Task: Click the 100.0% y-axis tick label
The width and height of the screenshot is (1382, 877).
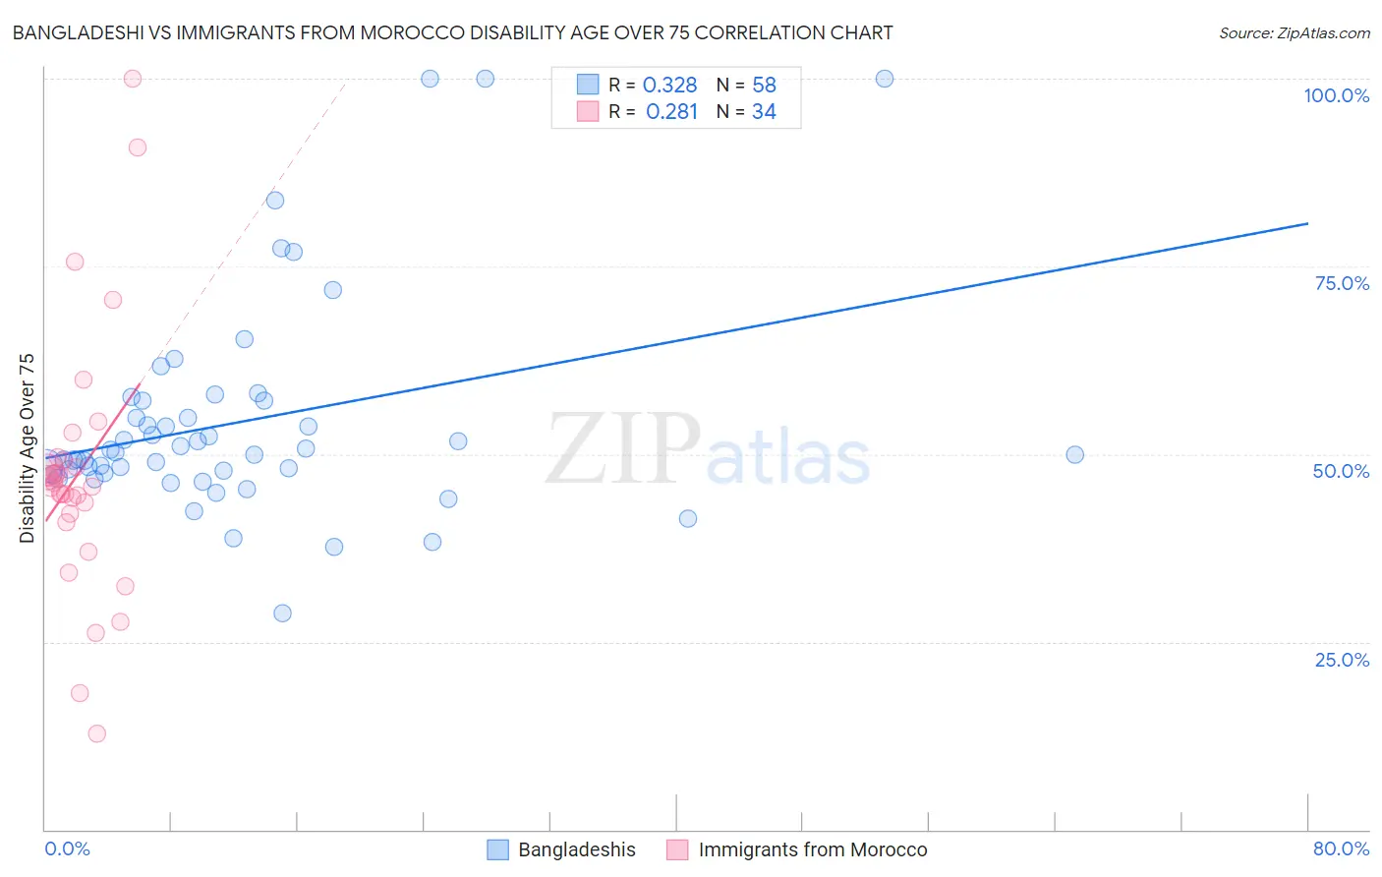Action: [x=1336, y=95]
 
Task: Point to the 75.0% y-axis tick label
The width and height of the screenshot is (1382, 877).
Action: [x=1342, y=283]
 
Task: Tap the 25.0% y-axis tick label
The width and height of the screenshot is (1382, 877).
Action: [x=1342, y=660]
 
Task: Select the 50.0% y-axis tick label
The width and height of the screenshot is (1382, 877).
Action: [x=1341, y=471]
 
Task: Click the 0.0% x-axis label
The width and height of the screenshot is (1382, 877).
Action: [x=67, y=848]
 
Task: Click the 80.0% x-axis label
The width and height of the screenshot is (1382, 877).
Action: [x=1341, y=848]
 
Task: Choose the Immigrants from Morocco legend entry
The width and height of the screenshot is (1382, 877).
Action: [x=797, y=849]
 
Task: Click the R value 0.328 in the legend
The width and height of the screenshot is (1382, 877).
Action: [x=669, y=86]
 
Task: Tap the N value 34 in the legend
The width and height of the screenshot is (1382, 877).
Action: [x=764, y=112]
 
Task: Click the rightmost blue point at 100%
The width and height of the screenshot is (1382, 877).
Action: [x=885, y=79]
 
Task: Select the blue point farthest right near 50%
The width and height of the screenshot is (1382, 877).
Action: [x=1075, y=454]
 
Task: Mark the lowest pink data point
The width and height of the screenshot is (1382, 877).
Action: [x=96, y=733]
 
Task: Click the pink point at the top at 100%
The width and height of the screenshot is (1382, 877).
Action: [x=133, y=79]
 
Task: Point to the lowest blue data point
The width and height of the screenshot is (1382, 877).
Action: [x=282, y=614]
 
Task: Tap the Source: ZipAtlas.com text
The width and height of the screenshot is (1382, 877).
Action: [x=1294, y=32]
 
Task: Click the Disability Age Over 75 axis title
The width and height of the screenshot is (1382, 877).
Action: [x=27, y=448]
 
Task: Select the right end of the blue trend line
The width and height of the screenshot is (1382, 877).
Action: [x=1307, y=223]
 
